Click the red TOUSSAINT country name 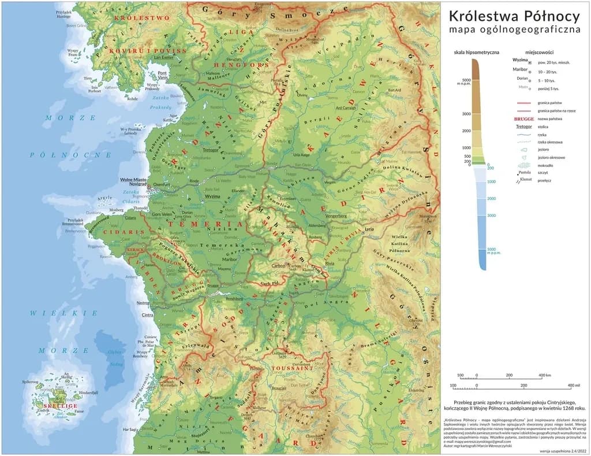click(x=293, y=368)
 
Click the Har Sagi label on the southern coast click(x=129, y=429)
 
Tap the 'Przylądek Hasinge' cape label click(x=63, y=14)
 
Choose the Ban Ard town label click(x=394, y=90)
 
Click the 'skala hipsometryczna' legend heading click(x=476, y=51)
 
